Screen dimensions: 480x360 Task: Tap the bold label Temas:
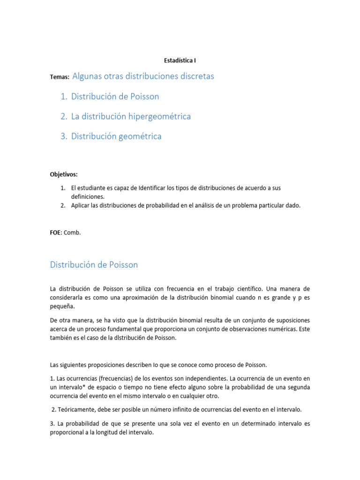point(60,77)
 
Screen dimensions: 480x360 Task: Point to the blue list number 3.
point(64,136)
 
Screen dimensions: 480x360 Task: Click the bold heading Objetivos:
point(64,174)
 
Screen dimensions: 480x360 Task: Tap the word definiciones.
point(88,197)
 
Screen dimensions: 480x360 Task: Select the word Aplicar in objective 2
point(82,205)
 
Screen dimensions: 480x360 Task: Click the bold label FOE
point(56,232)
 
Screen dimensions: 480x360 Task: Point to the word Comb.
point(73,232)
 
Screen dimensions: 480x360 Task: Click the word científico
point(240,289)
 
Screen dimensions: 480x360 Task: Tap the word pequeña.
point(62,307)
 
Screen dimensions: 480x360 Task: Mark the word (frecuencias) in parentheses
point(112,378)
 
